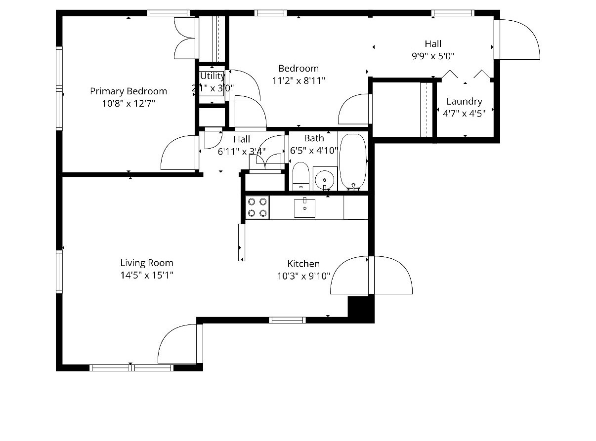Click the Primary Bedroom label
click(128, 91)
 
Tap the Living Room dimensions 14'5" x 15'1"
click(147, 275)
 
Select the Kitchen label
click(303, 264)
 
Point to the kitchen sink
click(305, 207)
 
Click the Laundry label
click(464, 101)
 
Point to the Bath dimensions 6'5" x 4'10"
click(314, 150)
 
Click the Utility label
click(212, 76)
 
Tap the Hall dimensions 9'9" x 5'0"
click(433, 56)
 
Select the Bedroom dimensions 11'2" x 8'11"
click(298, 80)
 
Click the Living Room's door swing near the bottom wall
click(178, 344)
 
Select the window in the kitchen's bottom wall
click(287, 320)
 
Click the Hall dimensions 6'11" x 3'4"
click(242, 152)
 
